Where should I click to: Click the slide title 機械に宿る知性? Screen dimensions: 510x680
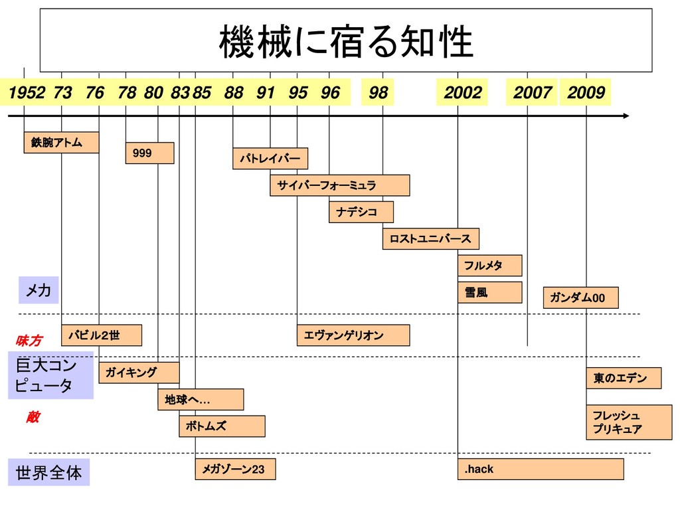point(346,41)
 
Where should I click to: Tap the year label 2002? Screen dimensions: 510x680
point(462,93)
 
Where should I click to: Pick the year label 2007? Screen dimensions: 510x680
point(532,93)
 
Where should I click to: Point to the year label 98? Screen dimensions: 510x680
point(378,93)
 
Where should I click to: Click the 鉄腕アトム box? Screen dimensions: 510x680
point(61,142)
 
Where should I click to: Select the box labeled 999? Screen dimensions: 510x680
point(150,153)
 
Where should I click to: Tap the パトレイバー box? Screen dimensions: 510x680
point(270,159)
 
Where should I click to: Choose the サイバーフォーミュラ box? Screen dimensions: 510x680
point(339,185)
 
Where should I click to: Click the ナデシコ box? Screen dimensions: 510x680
point(361,212)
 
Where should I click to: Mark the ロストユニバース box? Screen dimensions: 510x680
point(430,238)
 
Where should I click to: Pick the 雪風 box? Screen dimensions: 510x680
point(489,292)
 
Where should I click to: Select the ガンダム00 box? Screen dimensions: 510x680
point(580,298)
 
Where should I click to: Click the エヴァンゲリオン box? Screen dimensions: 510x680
point(353,335)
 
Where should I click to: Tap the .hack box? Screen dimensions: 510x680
point(541,469)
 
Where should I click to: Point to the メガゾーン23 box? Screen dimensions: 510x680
point(235,469)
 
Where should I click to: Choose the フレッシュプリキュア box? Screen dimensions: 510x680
point(624,422)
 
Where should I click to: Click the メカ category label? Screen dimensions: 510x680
point(39,290)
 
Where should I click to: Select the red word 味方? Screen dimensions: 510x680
point(29,341)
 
